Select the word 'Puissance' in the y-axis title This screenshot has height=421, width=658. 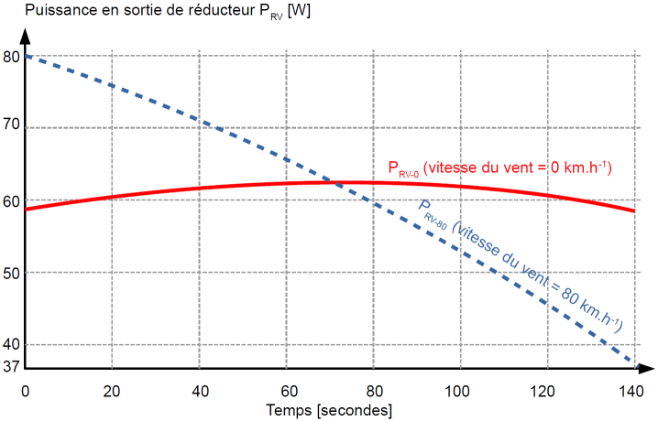click(54, 11)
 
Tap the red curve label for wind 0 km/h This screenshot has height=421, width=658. click(499, 167)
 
